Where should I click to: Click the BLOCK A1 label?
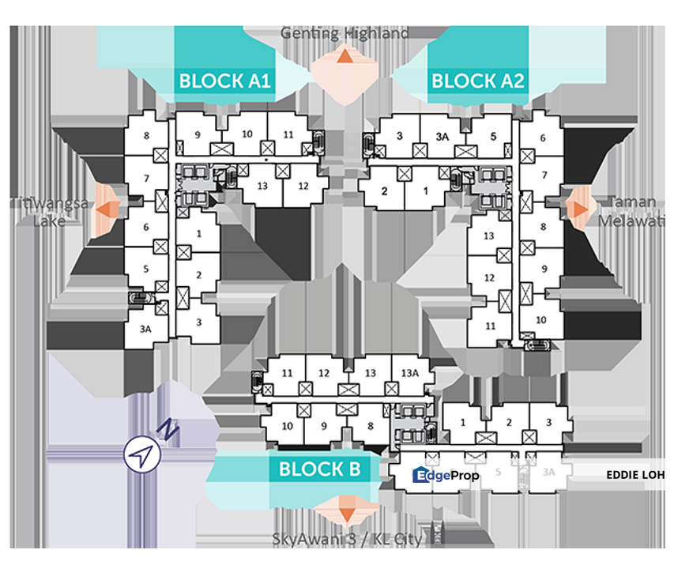tap(225, 81)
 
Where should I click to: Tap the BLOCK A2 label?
tap(477, 81)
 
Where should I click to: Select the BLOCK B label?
tap(319, 469)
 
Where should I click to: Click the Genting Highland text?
tap(345, 33)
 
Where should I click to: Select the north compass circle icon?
tap(142, 455)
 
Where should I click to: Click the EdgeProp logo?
tap(446, 475)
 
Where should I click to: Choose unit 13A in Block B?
tap(409, 373)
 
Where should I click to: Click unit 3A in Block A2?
tap(442, 136)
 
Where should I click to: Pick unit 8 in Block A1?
tap(146, 136)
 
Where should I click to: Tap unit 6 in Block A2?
tap(543, 138)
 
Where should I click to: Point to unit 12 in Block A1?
tap(303, 187)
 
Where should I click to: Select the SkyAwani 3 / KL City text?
tap(345, 540)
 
